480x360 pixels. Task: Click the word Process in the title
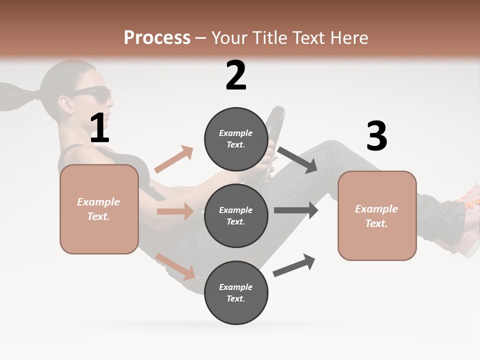157,38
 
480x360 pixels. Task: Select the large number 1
99,128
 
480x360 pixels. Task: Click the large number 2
236,75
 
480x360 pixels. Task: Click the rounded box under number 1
99,209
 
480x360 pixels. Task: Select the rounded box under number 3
377,215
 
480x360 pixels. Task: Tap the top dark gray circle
236,139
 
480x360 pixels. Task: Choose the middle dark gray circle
236,215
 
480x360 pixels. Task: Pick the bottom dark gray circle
236,292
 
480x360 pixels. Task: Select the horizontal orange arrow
175,211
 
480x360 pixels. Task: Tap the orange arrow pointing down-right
175,266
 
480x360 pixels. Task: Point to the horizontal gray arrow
296,210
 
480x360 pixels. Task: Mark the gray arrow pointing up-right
294,265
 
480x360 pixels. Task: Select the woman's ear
65,103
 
